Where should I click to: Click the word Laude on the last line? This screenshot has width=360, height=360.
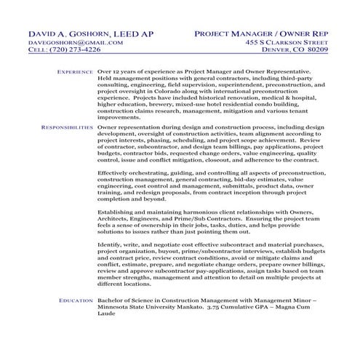[107, 315]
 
